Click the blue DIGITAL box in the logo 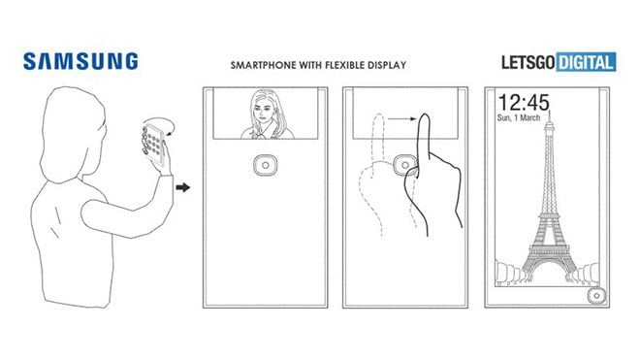coord(586,63)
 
